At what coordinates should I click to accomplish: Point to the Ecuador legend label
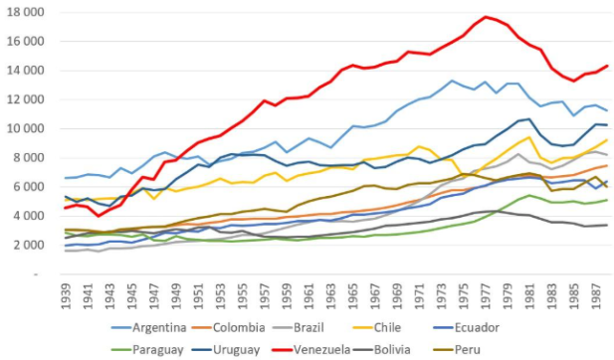tap(477, 327)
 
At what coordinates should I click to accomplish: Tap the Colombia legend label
tap(239, 327)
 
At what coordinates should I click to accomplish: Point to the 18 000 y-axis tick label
tap(26, 12)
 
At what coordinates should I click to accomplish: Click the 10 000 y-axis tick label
tap(26, 128)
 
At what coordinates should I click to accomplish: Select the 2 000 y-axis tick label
tap(29, 246)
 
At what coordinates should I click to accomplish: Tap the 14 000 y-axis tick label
tap(26, 71)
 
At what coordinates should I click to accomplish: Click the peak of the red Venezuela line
tap(486, 17)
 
